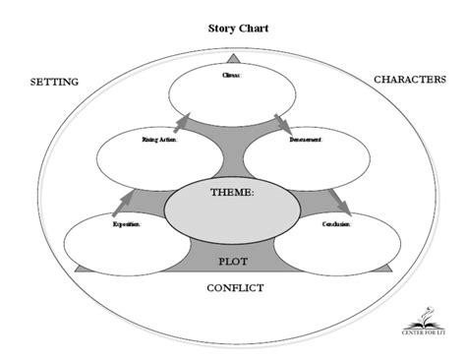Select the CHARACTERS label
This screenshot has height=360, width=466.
point(410,78)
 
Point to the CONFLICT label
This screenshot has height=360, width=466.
point(236,287)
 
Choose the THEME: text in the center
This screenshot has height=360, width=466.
point(232,193)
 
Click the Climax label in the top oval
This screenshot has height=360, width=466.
point(231,72)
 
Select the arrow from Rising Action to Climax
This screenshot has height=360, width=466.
point(182,122)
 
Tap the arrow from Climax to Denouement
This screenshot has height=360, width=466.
point(282,122)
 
